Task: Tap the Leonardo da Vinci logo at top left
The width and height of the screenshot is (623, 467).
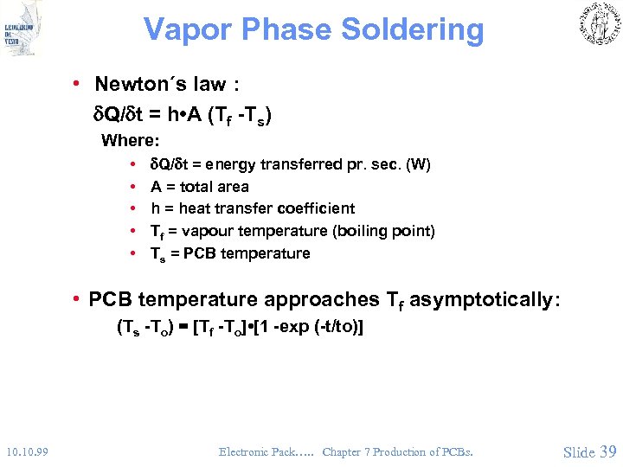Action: point(22,31)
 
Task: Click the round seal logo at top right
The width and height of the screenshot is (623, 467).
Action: point(597,24)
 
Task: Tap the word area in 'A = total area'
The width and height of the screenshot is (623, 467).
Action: point(233,187)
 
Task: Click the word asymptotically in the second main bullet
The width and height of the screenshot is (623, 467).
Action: point(484,300)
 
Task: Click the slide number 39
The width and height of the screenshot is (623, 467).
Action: point(607,451)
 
